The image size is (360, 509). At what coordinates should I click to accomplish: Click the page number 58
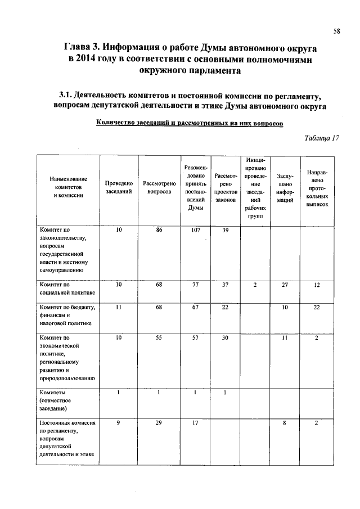point(336,32)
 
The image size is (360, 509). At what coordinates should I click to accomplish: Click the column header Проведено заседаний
point(119,187)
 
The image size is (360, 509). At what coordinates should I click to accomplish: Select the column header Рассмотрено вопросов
point(159,187)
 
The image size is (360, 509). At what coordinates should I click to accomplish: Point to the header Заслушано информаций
point(285,188)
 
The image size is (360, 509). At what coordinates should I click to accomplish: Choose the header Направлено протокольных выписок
point(317,187)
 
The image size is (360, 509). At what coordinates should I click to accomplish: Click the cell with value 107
point(196,230)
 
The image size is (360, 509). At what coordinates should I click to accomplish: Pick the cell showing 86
point(159,230)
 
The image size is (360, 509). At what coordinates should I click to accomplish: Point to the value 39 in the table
point(225,230)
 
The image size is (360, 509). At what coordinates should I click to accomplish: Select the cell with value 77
point(196,285)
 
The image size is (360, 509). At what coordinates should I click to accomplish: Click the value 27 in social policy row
point(285,285)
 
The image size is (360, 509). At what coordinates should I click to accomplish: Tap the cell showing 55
point(159,337)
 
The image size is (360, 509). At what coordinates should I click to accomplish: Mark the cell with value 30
point(225,337)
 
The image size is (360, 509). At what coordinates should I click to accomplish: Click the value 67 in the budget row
point(196,307)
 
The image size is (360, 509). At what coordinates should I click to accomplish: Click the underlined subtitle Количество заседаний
point(189,123)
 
